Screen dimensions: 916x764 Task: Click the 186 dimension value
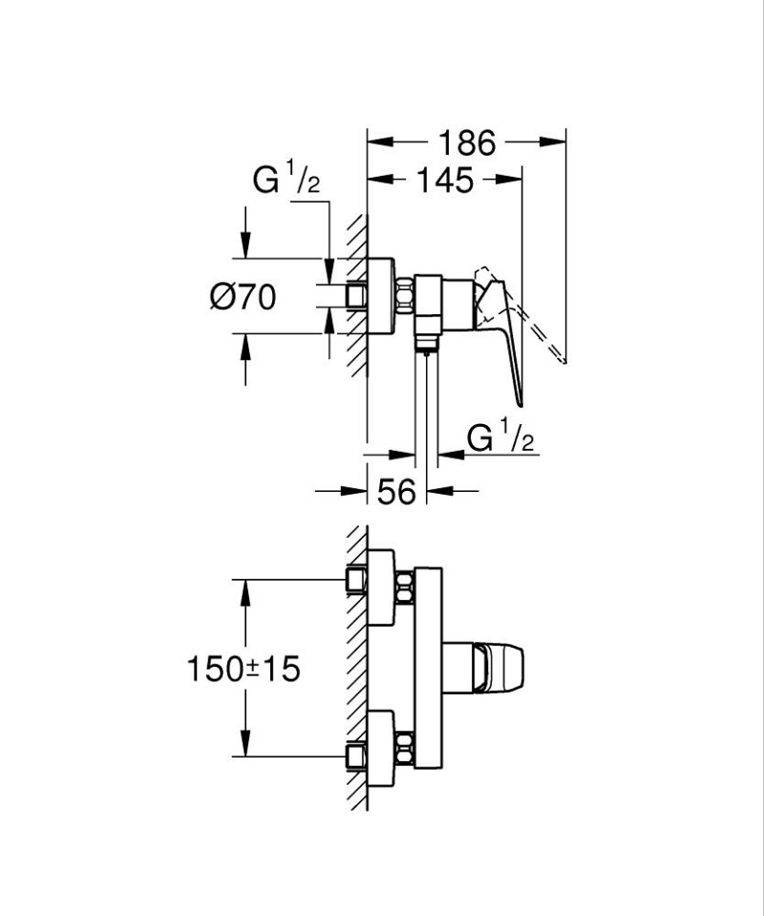(467, 142)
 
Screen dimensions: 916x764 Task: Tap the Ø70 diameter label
(243, 298)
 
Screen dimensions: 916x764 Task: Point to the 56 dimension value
(396, 492)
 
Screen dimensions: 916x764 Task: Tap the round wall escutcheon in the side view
(380, 296)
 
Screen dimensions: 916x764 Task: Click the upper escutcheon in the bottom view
(381, 587)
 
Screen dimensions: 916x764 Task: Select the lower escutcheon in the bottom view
(381, 749)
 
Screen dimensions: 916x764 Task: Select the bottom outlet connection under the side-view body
(425, 344)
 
